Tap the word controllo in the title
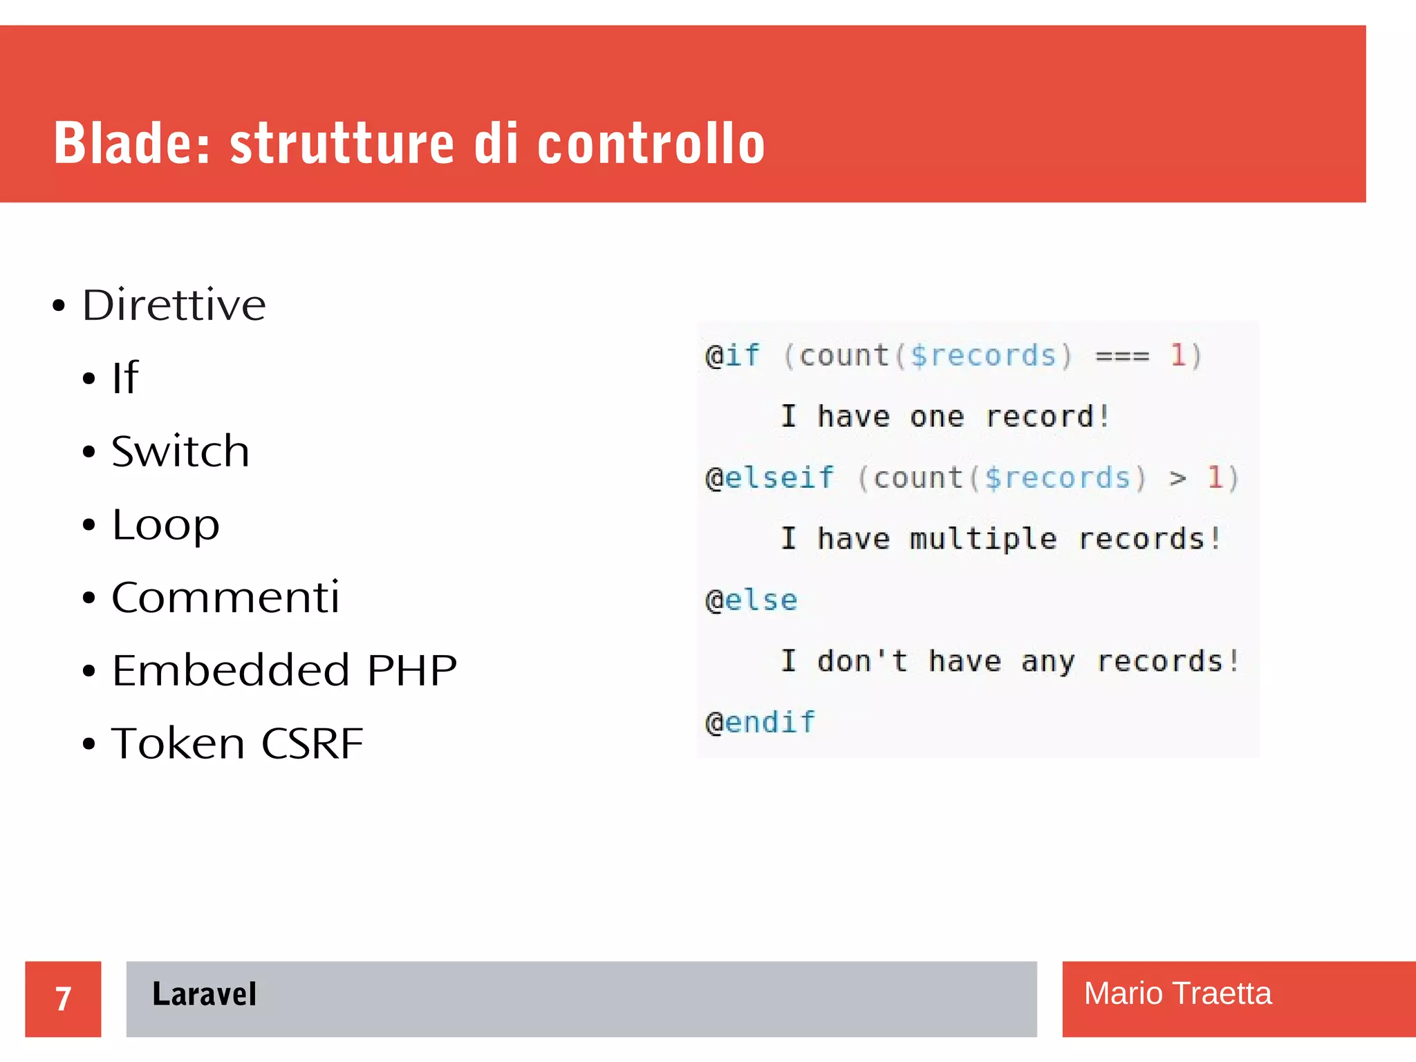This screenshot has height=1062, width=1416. (651, 143)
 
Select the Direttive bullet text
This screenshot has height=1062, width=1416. (174, 305)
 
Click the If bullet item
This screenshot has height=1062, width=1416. (125, 378)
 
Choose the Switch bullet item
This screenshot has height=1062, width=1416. (180, 452)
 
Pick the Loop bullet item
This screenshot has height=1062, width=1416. (166, 525)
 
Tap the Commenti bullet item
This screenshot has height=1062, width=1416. (225, 598)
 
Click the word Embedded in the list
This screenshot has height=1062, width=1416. (231, 670)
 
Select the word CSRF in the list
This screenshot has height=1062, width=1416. (313, 743)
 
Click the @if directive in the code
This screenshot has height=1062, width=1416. (732, 356)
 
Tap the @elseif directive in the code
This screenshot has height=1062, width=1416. (770, 478)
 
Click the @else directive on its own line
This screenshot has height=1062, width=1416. (752, 600)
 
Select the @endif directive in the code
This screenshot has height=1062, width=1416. (761, 723)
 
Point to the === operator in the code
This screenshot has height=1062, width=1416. (1122, 357)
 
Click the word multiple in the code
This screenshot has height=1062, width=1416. (983, 539)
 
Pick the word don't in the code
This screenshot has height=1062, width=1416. (862, 661)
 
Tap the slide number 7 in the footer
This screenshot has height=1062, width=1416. (63, 998)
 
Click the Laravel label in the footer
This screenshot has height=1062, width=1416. (204, 994)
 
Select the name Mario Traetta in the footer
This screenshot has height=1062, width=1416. (1177, 994)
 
